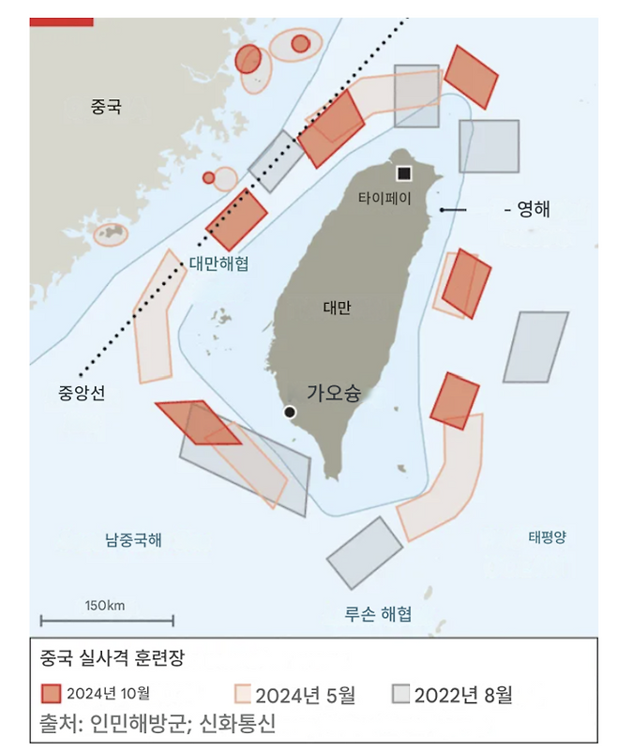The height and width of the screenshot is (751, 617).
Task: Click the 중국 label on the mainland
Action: (106, 108)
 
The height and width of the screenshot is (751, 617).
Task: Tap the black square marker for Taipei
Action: (403, 173)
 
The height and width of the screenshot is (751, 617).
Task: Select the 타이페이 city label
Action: (384, 199)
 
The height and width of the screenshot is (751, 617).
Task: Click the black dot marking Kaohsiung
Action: (291, 412)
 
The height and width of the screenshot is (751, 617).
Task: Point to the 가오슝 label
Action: (334, 393)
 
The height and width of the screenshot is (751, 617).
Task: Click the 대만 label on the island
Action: (337, 307)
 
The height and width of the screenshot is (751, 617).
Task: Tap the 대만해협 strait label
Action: (218, 264)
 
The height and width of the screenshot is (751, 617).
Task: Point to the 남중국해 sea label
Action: (133, 539)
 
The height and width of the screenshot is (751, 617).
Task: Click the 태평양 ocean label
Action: (548, 537)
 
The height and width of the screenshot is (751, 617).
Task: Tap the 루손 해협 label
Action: (378, 615)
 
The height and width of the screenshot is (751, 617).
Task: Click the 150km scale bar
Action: (106, 619)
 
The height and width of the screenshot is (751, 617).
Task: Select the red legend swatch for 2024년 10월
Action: (53, 694)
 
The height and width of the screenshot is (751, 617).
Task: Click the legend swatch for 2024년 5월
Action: (243, 694)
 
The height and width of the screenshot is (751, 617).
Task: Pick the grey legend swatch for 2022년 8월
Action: (400, 694)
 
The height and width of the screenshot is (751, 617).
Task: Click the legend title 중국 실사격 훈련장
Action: (112, 658)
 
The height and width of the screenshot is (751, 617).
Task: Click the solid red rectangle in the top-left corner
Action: (61, 20)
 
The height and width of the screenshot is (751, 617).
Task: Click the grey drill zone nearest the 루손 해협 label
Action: (365, 553)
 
